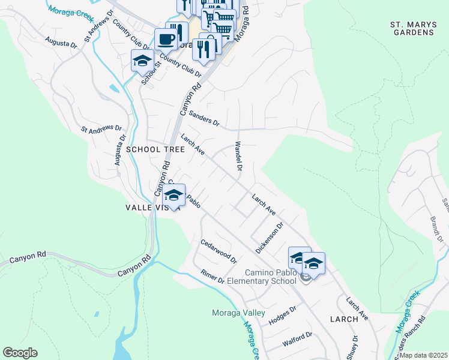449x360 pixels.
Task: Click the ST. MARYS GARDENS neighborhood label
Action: (x=412, y=28)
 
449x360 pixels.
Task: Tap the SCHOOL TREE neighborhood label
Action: (x=151, y=149)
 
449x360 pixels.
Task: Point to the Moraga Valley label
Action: (x=238, y=313)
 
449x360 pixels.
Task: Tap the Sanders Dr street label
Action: (x=204, y=118)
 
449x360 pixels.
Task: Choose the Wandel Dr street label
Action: (x=238, y=156)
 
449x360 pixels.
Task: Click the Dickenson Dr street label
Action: (x=269, y=238)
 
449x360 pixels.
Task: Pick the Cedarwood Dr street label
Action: (x=218, y=249)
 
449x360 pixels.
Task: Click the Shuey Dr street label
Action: (x=355, y=347)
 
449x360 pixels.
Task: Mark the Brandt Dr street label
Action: (x=436, y=230)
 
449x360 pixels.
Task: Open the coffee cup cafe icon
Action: (x=166, y=40)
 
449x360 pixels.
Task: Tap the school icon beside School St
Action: (x=142, y=61)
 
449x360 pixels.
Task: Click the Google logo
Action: (x=20, y=353)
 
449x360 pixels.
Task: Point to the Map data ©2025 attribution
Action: (x=423, y=355)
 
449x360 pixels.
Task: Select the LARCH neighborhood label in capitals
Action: (x=344, y=319)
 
